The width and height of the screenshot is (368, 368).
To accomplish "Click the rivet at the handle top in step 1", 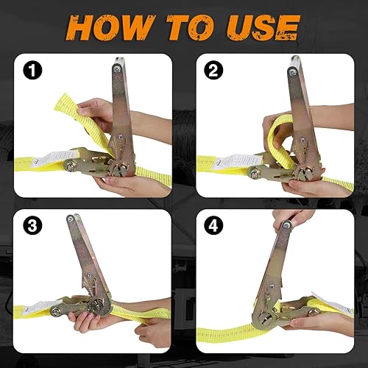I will (117, 70).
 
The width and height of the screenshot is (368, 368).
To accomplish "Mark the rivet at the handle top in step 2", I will (294, 68).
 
